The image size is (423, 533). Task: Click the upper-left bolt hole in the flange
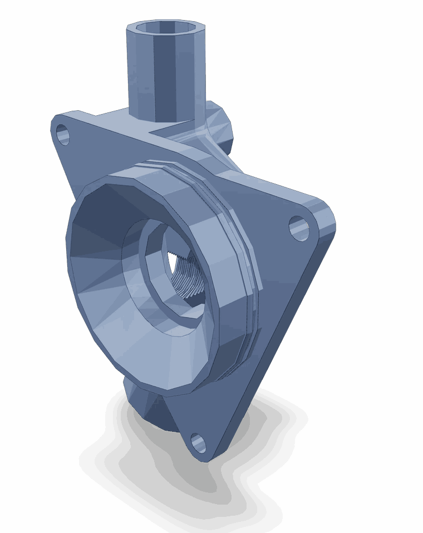[x=63, y=135]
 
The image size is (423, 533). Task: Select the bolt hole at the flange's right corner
[x=299, y=228]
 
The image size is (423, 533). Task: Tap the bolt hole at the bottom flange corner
[x=199, y=443]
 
